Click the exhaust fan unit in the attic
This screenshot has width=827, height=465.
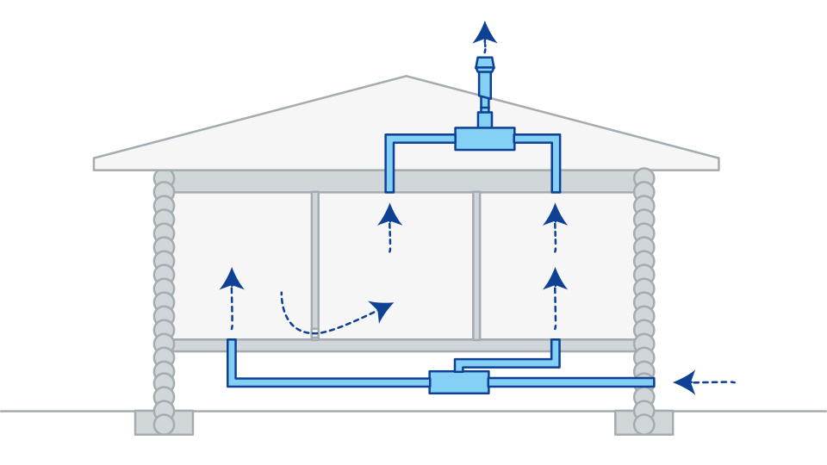pos(484,139)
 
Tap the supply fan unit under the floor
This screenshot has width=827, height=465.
pos(459,382)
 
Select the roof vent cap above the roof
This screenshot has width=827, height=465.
pos(485,64)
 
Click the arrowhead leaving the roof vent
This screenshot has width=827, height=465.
pos(485,33)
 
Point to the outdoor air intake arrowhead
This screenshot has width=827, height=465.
pos(685,381)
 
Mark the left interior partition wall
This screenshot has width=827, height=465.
pos(315,264)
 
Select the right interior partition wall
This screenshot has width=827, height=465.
pos(476,264)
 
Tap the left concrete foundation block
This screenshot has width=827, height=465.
pos(164,423)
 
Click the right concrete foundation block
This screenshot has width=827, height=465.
pos(644,423)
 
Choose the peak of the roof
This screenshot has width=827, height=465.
pos(406,77)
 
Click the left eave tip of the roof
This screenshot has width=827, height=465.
pos(95,163)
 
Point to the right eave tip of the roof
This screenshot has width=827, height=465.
pos(718,163)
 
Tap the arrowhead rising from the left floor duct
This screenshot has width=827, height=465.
pos(232,278)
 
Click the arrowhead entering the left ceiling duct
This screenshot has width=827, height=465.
pos(390,214)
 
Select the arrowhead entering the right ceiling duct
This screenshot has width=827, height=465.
pos(556,214)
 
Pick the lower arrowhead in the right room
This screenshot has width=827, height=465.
pos(556,278)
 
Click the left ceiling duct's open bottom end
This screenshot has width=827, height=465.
pos(390,189)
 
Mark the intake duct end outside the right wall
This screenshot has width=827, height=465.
pos(651,381)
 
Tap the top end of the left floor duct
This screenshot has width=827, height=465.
pos(232,343)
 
